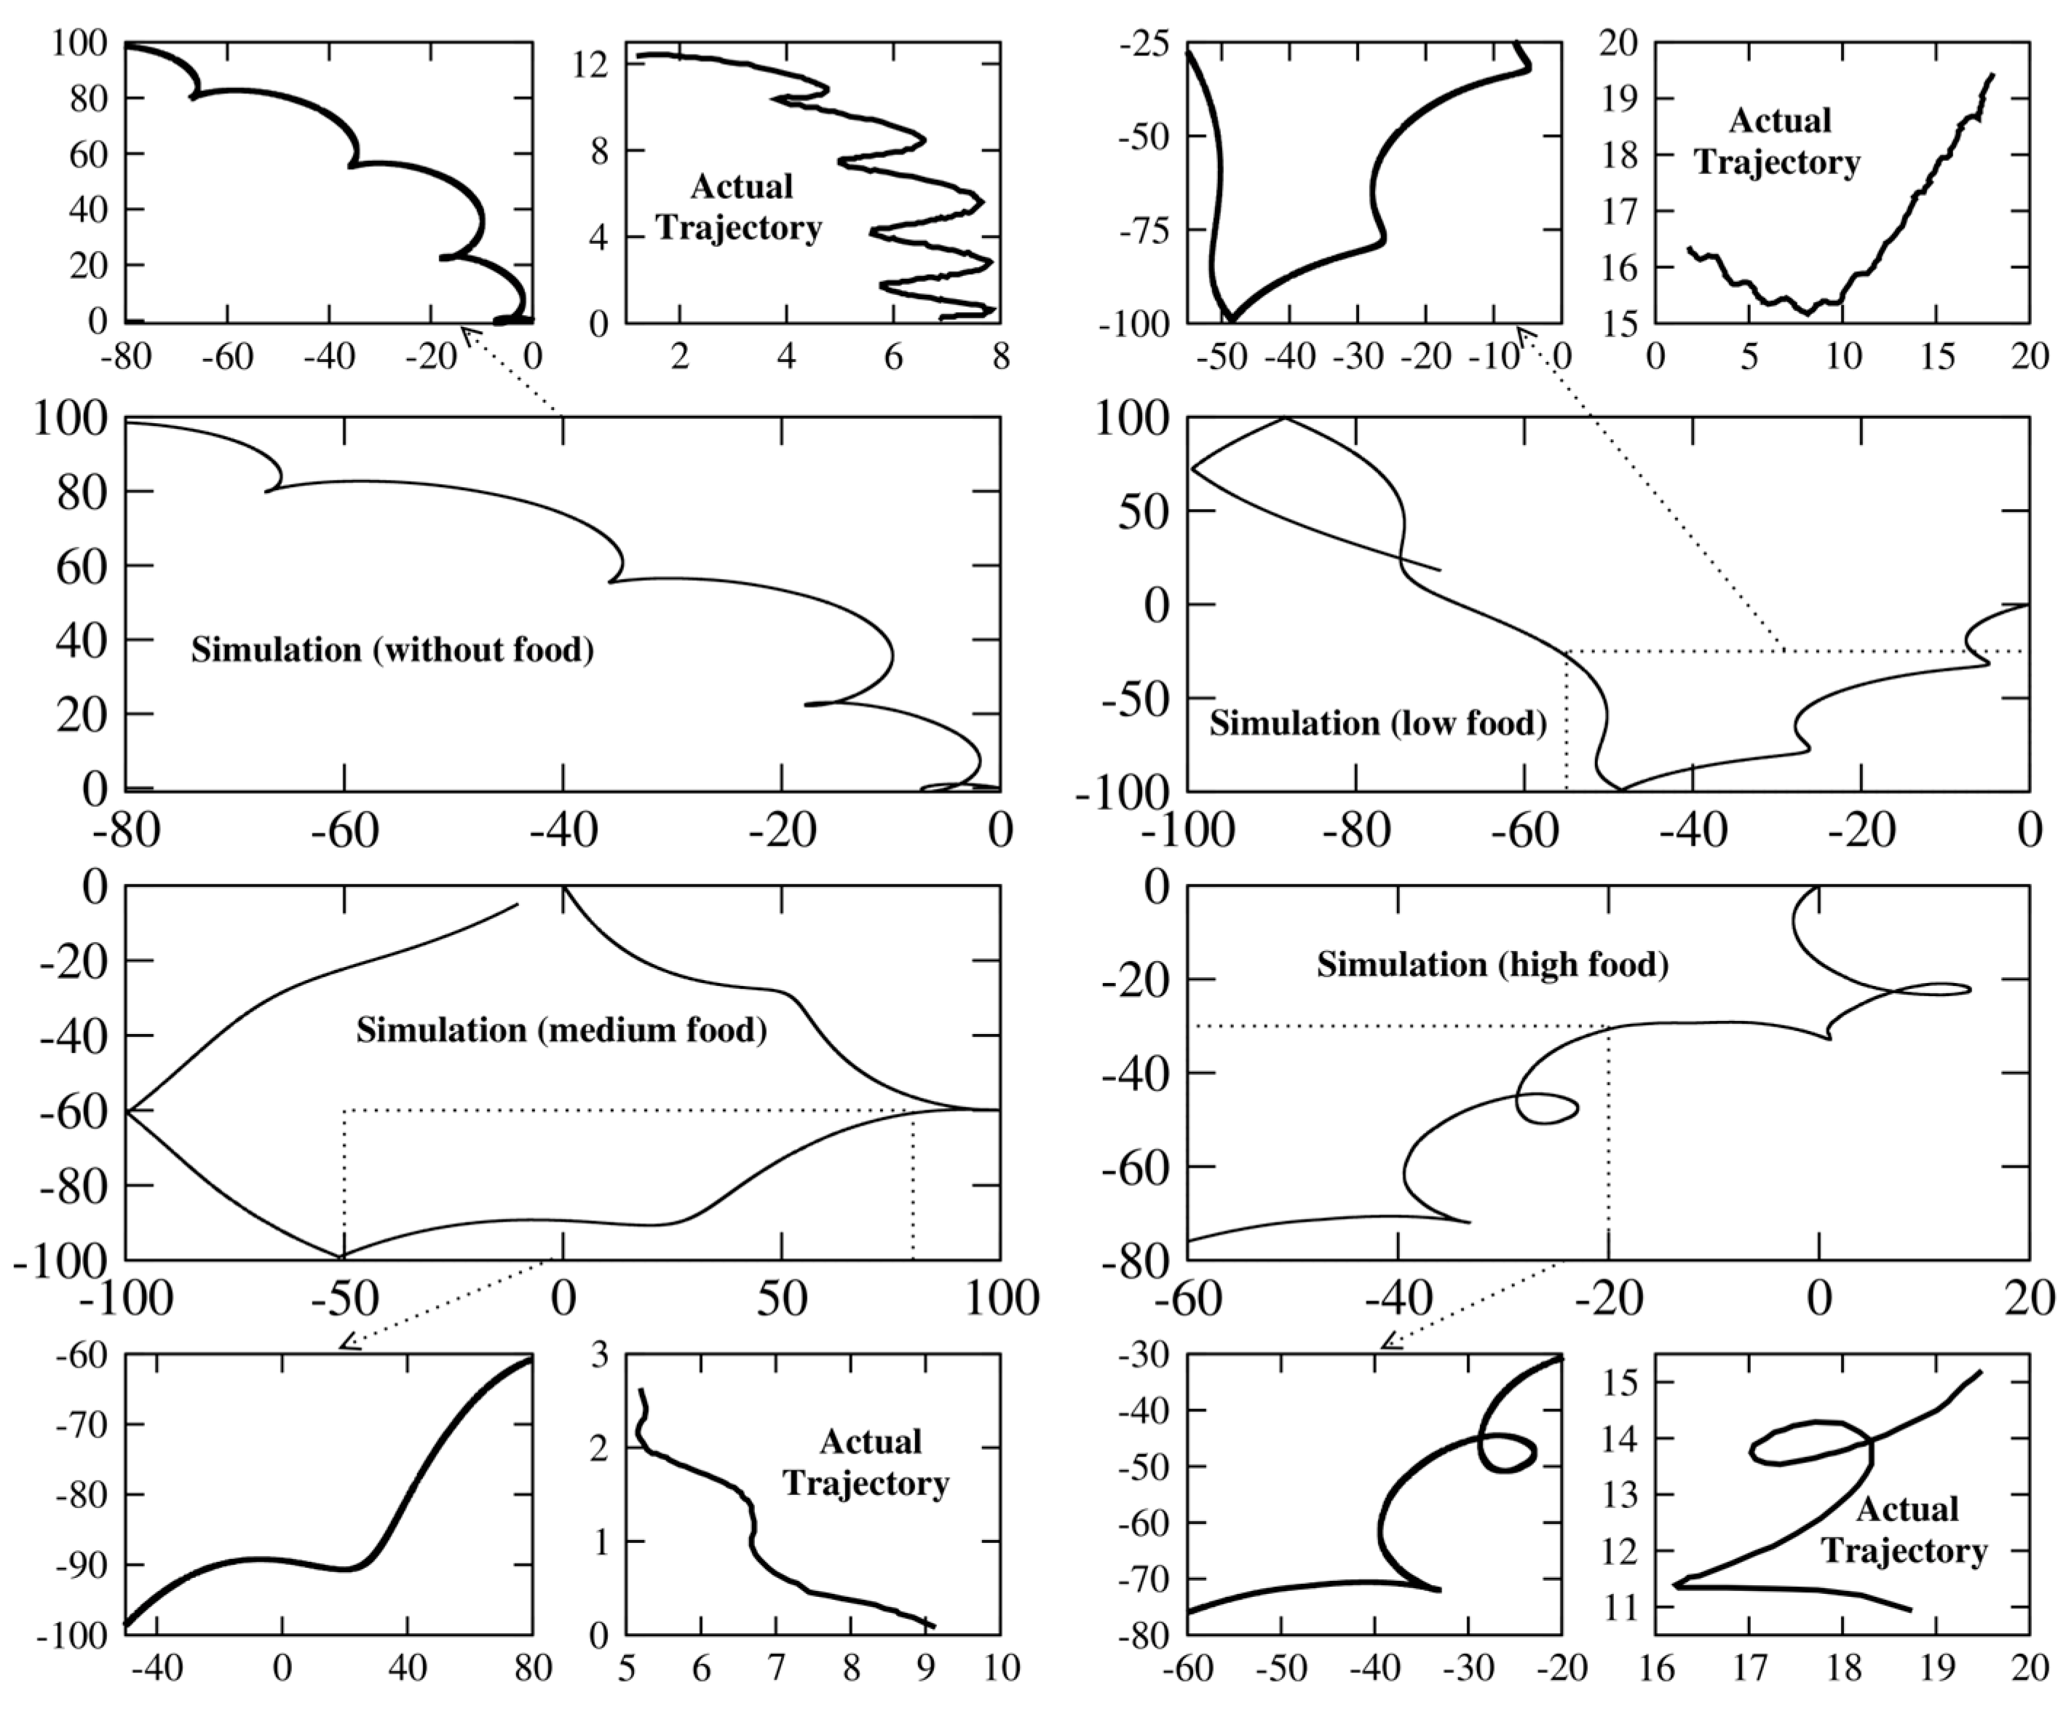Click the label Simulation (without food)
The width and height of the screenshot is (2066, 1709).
(392, 650)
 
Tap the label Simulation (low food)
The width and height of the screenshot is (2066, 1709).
(1377, 723)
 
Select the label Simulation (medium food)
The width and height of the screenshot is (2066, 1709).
(561, 1030)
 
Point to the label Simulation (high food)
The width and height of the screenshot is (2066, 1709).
(1492, 964)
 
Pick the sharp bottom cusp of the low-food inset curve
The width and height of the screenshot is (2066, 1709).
(1232, 319)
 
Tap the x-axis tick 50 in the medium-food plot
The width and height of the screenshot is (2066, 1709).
(782, 1300)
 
